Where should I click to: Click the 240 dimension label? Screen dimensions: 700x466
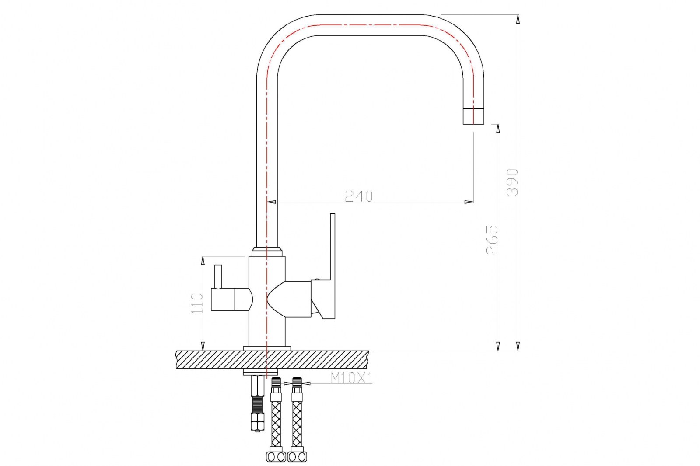click(x=359, y=196)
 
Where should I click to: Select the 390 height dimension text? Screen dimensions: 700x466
click(x=512, y=182)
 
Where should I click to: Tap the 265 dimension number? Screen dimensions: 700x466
click(x=492, y=240)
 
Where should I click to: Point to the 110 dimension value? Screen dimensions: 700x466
click(x=197, y=303)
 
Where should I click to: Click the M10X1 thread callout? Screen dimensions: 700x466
click(x=351, y=378)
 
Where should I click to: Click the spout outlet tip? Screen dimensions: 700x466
click(x=473, y=116)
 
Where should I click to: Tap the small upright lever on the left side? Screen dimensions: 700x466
click(x=218, y=277)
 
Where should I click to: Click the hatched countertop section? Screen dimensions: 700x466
click(x=272, y=359)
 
